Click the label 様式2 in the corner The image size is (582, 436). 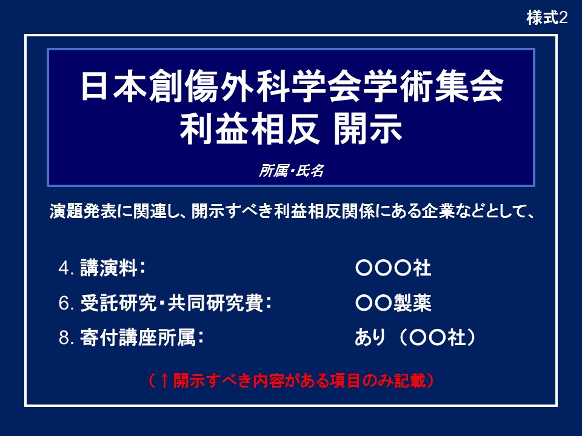point(547,18)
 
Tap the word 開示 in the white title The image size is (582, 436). point(367,128)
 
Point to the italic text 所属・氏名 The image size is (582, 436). point(292,171)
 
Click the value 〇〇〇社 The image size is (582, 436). point(393,268)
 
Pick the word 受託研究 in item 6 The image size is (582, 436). point(118,303)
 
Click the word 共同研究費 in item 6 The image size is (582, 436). point(215,303)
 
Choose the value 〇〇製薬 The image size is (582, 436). point(393,303)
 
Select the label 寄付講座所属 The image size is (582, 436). point(138,337)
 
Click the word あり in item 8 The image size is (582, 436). point(370,337)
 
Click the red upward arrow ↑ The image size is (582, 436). point(164,381)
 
